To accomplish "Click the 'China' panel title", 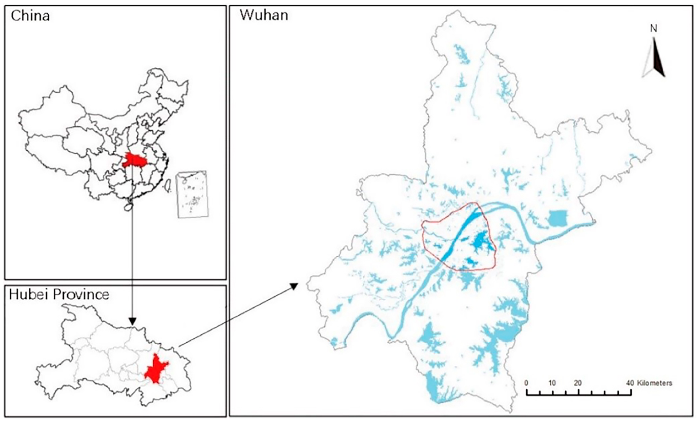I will click(x=30, y=16).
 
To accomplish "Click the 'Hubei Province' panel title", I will click(x=59, y=295).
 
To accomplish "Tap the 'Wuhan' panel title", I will click(x=264, y=15).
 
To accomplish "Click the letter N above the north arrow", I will click(x=654, y=28).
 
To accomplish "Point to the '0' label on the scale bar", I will click(x=527, y=383).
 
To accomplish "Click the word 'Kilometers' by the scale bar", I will click(x=655, y=383).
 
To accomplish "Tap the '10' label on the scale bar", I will click(x=552, y=383).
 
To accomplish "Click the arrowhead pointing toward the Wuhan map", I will click(x=294, y=286).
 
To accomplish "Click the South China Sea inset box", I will click(x=192, y=194).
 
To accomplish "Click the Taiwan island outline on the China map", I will click(x=168, y=188).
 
